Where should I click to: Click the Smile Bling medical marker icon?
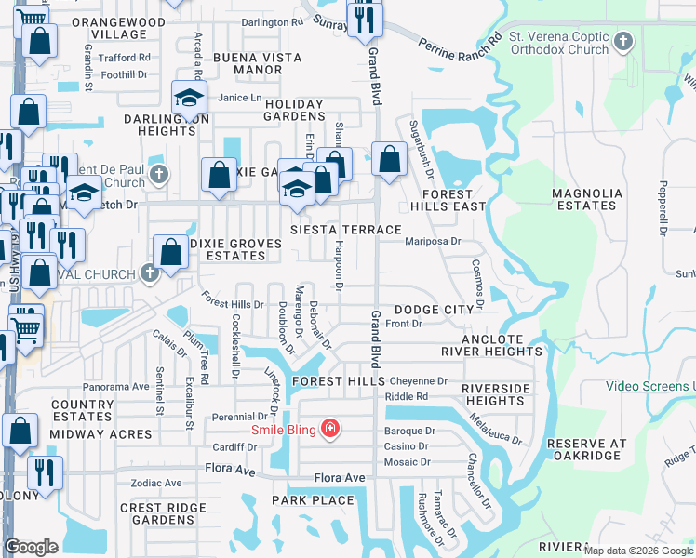(329, 429)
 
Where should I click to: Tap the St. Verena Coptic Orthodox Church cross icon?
(623, 42)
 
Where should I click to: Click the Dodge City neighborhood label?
(435, 310)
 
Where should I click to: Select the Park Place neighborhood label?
(313, 500)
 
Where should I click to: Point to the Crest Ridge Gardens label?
(163, 513)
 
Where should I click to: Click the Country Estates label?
(82, 410)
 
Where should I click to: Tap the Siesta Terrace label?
(345, 230)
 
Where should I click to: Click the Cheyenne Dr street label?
(419, 381)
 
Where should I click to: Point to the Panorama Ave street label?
(116, 386)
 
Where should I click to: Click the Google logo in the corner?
(31, 547)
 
